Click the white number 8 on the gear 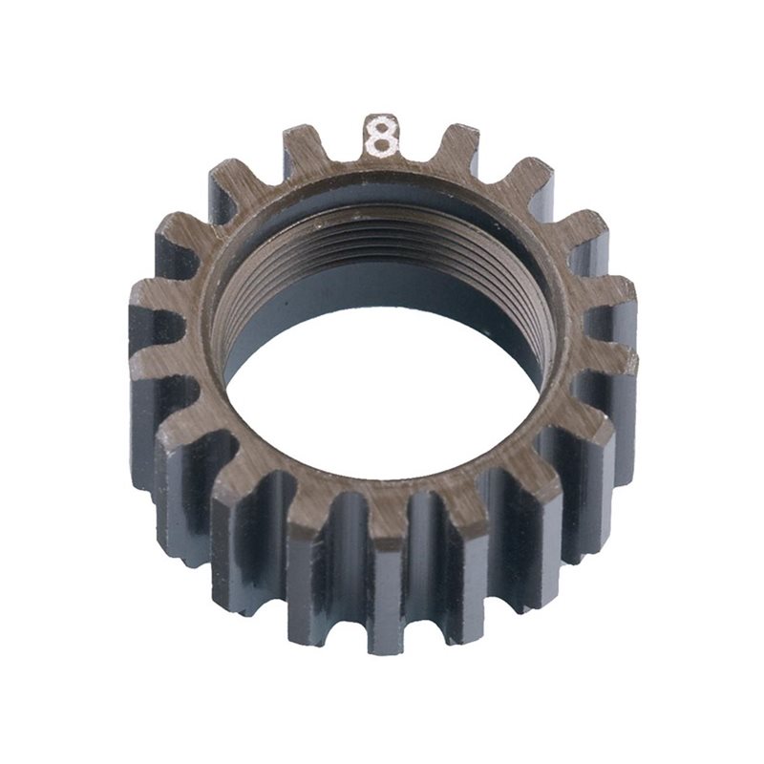click(x=381, y=136)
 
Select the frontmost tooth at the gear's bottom click(x=387, y=583)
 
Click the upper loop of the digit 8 click(x=381, y=125)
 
